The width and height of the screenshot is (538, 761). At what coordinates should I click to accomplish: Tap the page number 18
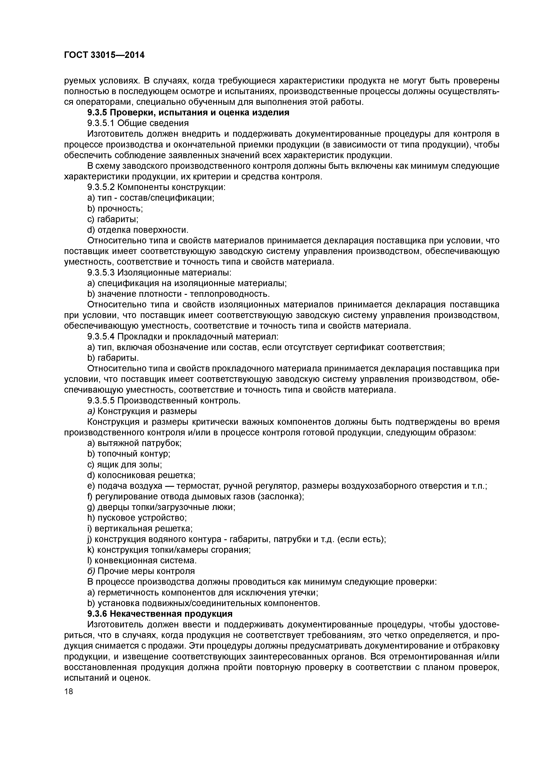[x=68, y=691]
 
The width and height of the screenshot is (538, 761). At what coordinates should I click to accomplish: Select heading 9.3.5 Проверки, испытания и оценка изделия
[x=188, y=113]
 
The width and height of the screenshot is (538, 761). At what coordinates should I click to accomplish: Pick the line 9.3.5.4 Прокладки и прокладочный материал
[x=183, y=336]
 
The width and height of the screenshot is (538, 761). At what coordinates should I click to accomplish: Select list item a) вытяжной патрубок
[x=134, y=443]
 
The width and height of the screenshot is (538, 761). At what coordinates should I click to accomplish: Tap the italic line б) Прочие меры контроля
[x=141, y=571]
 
